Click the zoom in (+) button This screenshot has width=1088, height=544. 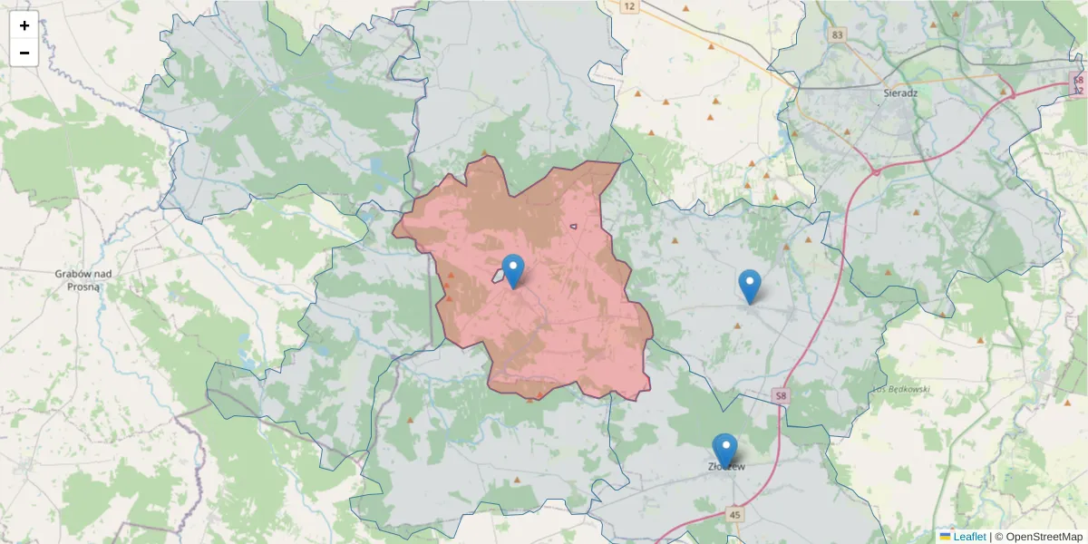pyautogui.click(x=24, y=25)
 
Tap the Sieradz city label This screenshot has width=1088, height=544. pyautogui.click(x=901, y=92)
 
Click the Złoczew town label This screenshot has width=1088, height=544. pyautogui.click(x=726, y=467)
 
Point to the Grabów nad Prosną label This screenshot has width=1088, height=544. pyautogui.click(x=83, y=279)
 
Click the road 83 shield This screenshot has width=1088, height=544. pyautogui.click(x=836, y=35)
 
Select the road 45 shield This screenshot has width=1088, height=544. pyautogui.click(x=734, y=515)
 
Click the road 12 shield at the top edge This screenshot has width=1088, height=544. pyautogui.click(x=627, y=6)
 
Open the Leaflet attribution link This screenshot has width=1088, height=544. pyautogui.click(x=968, y=537)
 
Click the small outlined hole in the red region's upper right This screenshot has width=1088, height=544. pyautogui.click(x=573, y=226)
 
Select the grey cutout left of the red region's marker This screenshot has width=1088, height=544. pyautogui.click(x=500, y=275)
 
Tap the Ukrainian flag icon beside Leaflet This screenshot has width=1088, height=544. pyautogui.click(x=945, y=537)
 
